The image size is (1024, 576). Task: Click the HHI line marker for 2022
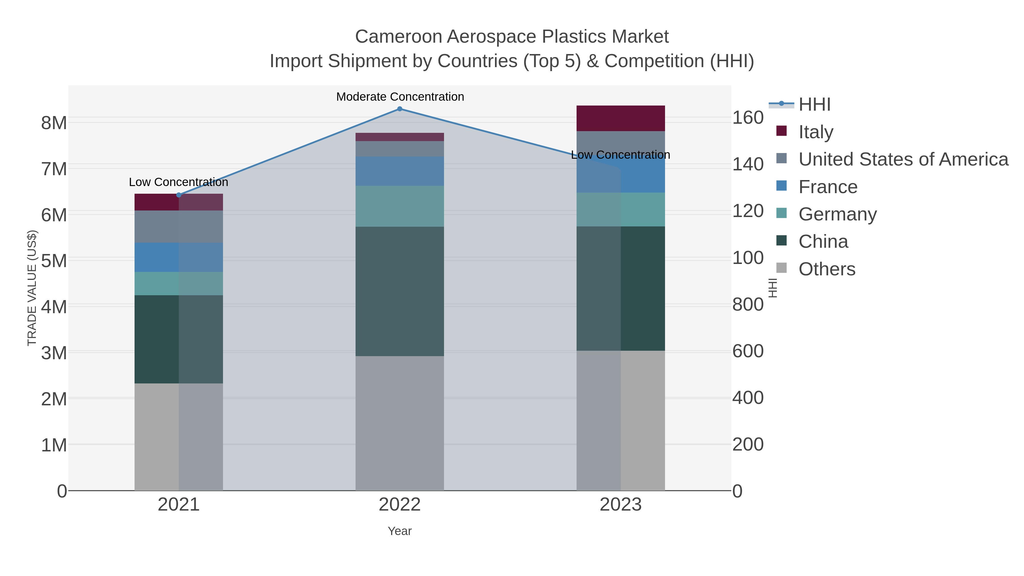[x=400, y=109]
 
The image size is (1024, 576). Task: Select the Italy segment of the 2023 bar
[x=621, y=118]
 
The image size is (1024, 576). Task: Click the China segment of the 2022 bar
[x=400, y=291]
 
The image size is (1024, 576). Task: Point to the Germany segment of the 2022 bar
[x=400, y=206]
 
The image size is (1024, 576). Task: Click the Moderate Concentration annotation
[x=400, y=97]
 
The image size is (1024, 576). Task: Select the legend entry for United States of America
[x=903, y=159]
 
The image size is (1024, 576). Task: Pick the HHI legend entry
[x=815, y=105]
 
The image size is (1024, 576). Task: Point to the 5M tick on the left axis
[x=54, y=261]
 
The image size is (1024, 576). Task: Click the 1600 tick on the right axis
[x=748, y=118]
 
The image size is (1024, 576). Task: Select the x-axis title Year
[x=400, y=531]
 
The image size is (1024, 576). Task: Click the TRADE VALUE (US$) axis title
[x=32, y=288]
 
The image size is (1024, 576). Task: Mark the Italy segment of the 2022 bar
[x=400, y=137]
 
